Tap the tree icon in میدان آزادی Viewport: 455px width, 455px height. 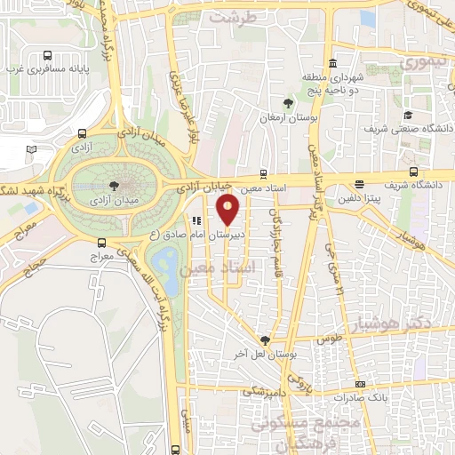113,185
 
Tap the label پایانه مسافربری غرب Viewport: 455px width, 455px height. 52,68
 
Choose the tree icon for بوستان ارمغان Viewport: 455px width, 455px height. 287,103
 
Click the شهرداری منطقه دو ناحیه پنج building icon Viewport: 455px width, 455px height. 333,64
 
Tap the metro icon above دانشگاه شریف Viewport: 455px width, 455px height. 413,172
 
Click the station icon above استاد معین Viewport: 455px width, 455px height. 263,173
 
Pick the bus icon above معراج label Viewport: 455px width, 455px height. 103,242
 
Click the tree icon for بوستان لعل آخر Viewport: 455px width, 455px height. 264,340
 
